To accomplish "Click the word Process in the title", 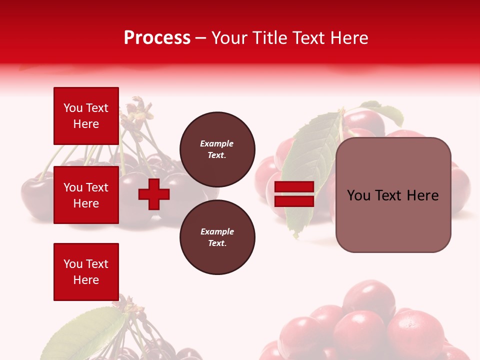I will (157, 38).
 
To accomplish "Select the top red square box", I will (86, 116).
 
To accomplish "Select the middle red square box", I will (86, 195).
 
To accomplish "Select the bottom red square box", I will (86, 272).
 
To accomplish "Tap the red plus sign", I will (154, 194).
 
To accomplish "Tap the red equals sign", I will (294, 194).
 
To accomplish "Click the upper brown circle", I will (217, 149).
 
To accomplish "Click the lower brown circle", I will (217, 237).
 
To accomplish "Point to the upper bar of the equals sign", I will (294, 187).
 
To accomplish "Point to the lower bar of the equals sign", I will (294, 201).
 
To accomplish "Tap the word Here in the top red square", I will (86, 124).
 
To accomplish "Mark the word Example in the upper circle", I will (216, 143).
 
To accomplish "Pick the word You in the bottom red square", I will (73, 264).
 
